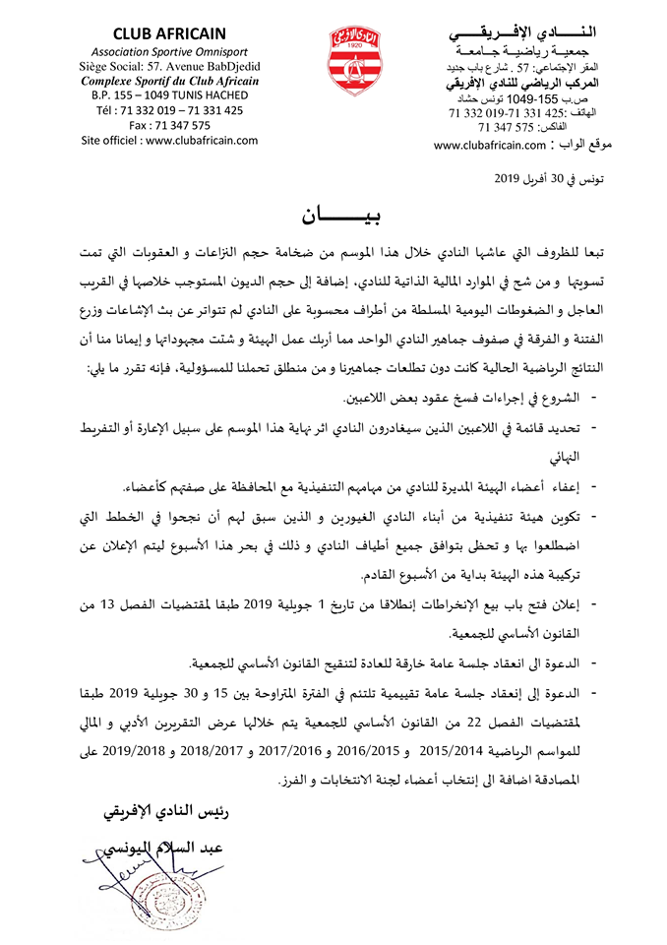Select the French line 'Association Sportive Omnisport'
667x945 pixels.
click(x=169, y=50)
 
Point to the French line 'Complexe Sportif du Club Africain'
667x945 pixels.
click(x=169, y=80)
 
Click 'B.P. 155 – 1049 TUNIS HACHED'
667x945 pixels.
click(x=169, y=94)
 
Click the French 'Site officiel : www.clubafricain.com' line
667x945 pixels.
click(x=169, y=140)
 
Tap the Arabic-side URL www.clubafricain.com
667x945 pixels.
click(x=489, y=146)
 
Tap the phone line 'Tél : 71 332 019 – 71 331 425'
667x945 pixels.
click(x=169, y=110)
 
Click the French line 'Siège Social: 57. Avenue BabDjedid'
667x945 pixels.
click(x=169, y=65)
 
